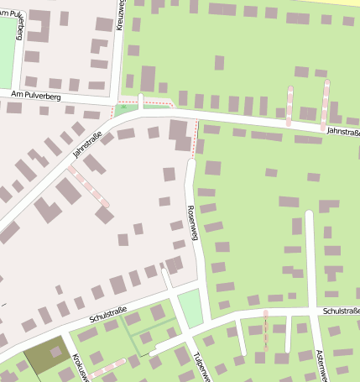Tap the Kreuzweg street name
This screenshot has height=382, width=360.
point(120,15)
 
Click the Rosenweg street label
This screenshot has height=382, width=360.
point(192,223)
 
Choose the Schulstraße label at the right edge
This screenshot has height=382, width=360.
point(339,311)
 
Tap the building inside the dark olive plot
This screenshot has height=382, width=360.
point(56,352)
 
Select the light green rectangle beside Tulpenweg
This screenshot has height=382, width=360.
point(191,307)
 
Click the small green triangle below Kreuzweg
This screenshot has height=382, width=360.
point(127,107)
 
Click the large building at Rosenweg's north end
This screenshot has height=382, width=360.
point(180,134)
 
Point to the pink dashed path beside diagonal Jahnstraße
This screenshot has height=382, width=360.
point(88,186)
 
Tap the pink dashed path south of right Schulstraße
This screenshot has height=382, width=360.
point(266,331)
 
